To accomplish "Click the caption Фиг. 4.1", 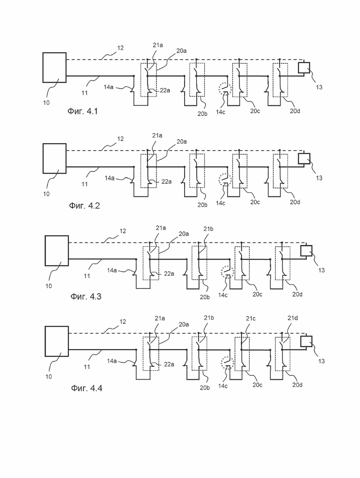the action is pyautogui.click(x=83, y=111).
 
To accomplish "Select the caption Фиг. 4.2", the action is pyautogui.click(x=84, y=206).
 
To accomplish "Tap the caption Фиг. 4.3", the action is pyautogui.click(x=86, y=296).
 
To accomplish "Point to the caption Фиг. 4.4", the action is pyautogui.click(x=86, y=388).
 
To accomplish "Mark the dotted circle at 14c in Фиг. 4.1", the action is pyautogui.click(x=225, y=83).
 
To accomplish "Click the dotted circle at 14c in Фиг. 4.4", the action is pyautogui.click(x=227, y=357).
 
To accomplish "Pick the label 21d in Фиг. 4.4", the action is pyautogui.click(x=293, y=318).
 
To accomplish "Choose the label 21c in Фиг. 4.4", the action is pyautogui.click(x=251, y=319).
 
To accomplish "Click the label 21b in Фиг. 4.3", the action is pyautogui.click(x=209, y=229).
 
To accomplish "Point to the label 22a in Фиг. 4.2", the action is pyautogui.click(x=167, y=182).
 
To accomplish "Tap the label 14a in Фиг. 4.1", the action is pyautogui.click(x=108, y=87).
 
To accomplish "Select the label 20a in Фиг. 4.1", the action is pyautogui.click(x=181, y=51).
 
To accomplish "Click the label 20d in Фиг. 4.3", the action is pyautogui.click(x=297, y=295).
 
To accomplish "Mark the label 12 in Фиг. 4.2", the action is pyautogui.click(x=120, y=139).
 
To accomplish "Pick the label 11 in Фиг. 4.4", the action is pyautogui.click(x=87, y=367).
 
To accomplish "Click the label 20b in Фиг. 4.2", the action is pyautogui.click(x=203, y=205).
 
